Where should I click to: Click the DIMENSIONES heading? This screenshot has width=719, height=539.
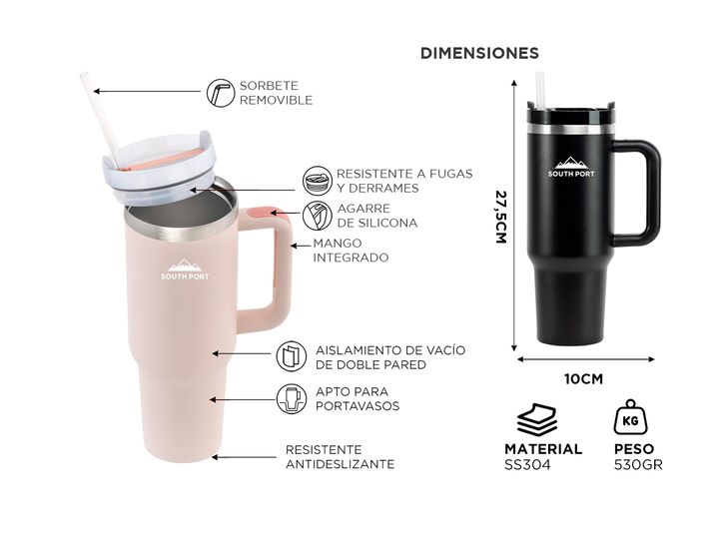(x=479, y=53)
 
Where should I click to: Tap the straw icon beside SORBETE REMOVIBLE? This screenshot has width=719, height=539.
(x=220, y=93)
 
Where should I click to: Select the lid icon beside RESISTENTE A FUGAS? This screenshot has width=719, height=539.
(x=317, y=181)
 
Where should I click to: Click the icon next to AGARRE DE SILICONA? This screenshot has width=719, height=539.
(x=317, y=216)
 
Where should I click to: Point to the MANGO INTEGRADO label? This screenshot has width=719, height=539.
(x=351, y=251)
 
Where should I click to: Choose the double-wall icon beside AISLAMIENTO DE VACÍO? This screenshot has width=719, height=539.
(x=292, y=356)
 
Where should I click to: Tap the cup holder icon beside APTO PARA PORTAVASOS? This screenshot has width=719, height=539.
(x=292, y=398)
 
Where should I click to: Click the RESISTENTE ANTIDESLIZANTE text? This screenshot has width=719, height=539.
(x=340, y=457)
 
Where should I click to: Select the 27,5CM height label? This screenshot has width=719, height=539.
(x=501, y=217)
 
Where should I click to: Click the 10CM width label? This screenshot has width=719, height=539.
(x=583, y=379)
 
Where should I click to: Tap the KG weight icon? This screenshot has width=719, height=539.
(x=630, y=417)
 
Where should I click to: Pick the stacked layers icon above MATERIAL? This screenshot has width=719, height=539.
(x=536, y=419)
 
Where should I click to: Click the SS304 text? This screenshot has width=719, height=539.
(x=527, y=465)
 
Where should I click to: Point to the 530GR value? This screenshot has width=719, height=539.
(x=638, y=465)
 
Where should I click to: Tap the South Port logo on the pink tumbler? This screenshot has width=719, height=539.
(x=185, y=269)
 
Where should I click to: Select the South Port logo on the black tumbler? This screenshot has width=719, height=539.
(x=571, y=167)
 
